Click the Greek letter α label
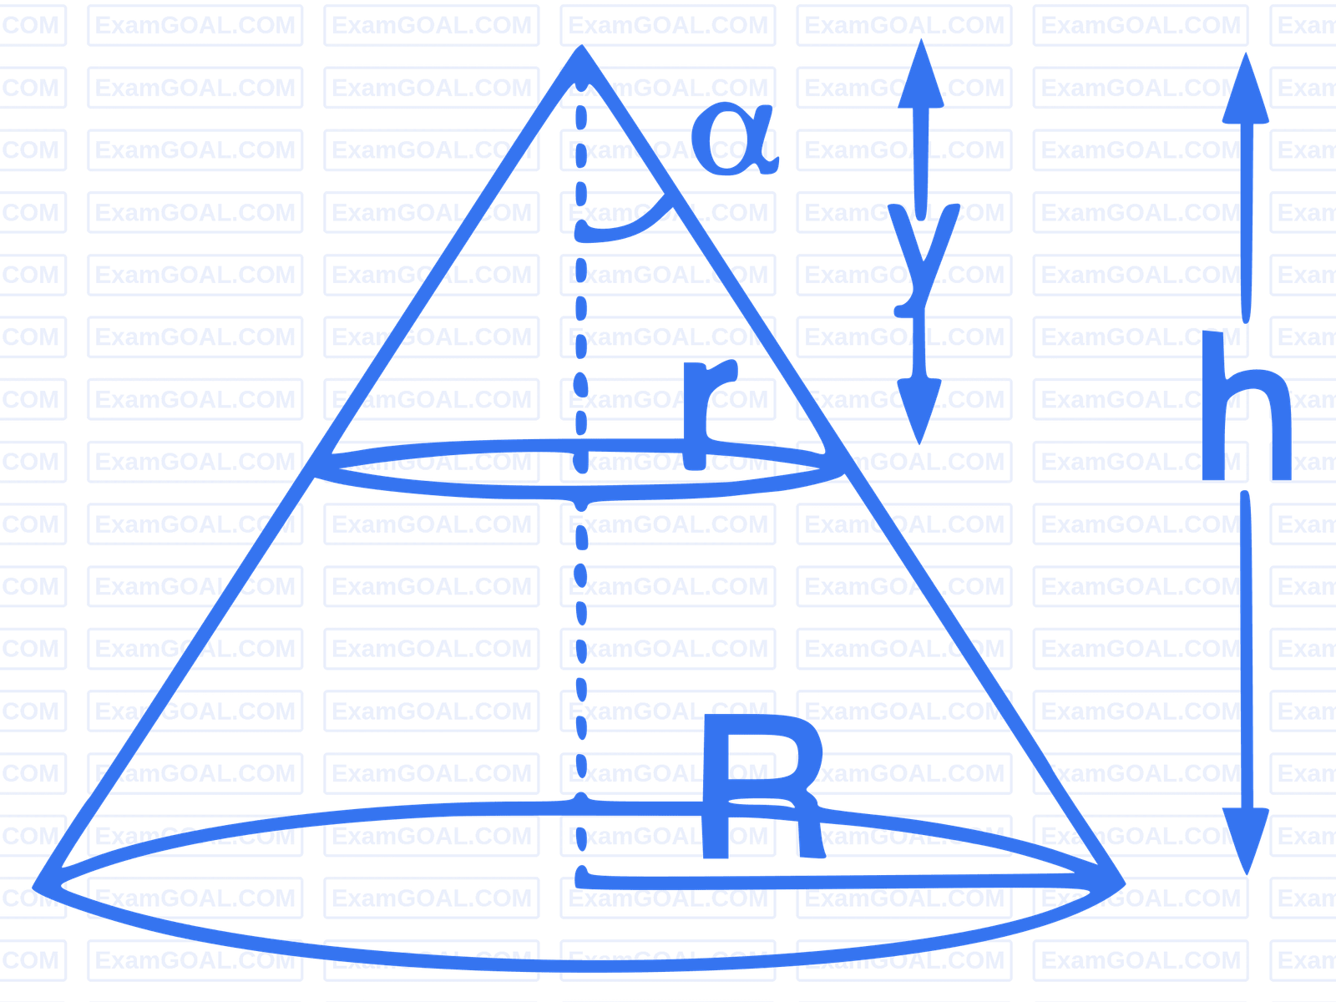734,139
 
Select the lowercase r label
710,416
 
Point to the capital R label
763,786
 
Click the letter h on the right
1246,406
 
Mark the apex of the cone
581,46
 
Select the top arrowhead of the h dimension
1246,89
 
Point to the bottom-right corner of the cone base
1124,884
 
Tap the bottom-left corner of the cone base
35,887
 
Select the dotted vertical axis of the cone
581,463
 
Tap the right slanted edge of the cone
853,464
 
